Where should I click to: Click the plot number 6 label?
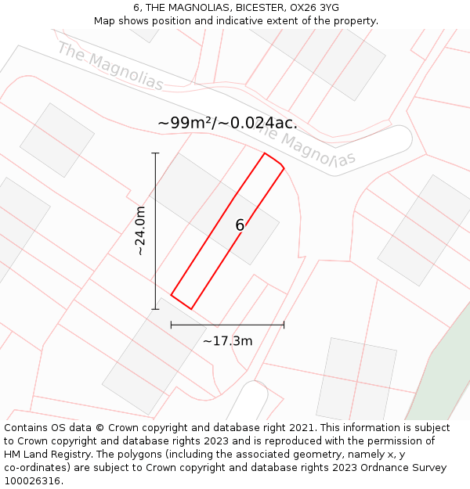(x=240, y=225)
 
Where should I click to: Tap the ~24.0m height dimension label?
(x=140, y=231)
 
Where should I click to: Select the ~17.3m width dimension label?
(x=227, y=341)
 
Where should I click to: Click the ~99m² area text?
(x=186, y=123)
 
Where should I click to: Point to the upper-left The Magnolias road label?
(x=110, y=67)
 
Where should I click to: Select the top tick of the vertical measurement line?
(x=155, y=153)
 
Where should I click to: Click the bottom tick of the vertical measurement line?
(x=155, y=309)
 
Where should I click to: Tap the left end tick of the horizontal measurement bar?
(x=171, y=324)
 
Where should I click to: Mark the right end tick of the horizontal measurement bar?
(x=284, y=324)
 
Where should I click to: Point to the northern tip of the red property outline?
(x=265, y=153)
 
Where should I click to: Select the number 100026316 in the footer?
(x=34, y=480)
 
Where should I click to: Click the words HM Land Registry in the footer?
(x=44, y=454)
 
